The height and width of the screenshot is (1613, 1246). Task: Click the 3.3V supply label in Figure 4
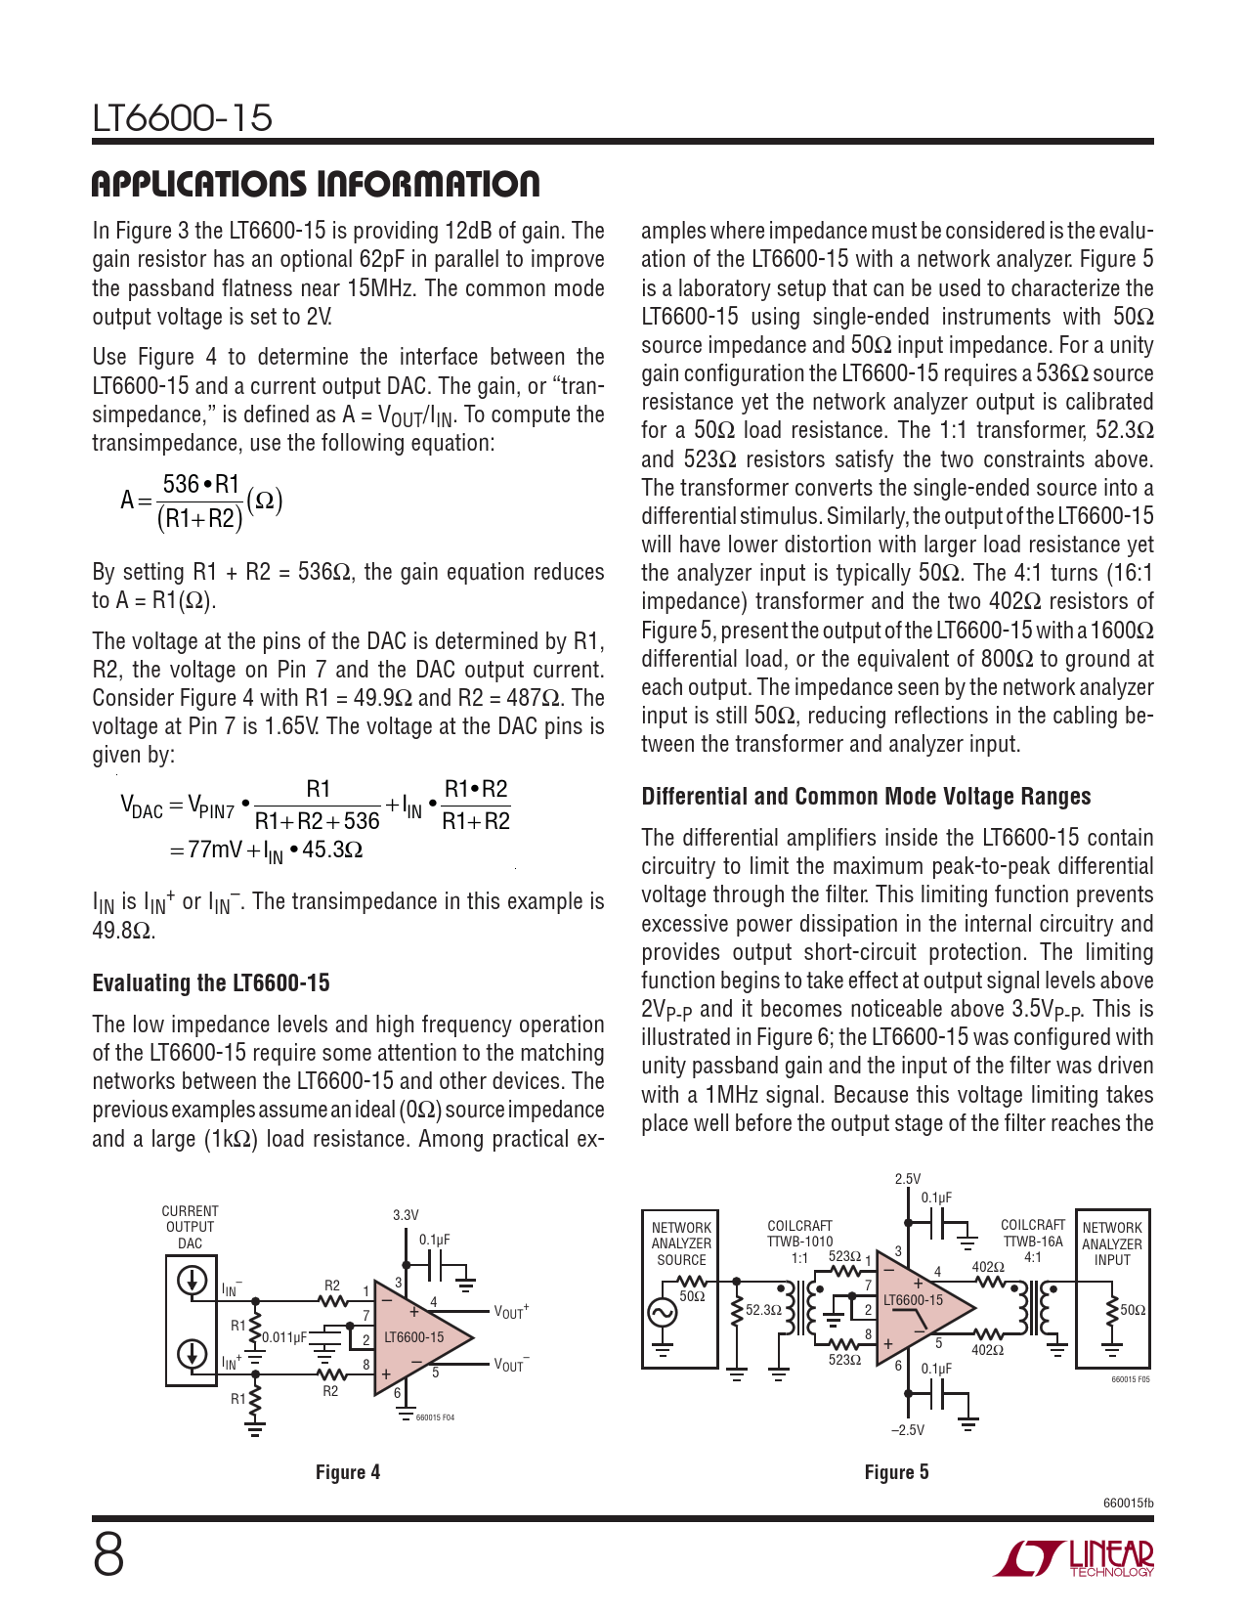point(406,1215)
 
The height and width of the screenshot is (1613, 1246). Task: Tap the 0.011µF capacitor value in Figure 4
point(283,1337)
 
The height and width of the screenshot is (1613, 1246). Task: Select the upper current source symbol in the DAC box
point(192,1280)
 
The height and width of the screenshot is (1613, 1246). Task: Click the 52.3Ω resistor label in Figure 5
point(763,1310)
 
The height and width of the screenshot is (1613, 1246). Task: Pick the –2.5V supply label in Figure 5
point(907,1430)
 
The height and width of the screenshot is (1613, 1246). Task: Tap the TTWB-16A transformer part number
point(1033,1241)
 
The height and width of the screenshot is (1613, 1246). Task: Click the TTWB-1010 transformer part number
point(799,1242)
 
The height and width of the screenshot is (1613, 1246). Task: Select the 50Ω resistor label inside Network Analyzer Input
point(1133,1310)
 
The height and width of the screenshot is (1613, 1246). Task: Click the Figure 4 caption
point(347,1472)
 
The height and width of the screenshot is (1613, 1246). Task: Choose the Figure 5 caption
point(896,1472)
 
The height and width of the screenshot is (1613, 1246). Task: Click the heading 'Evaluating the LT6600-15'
point(211,983)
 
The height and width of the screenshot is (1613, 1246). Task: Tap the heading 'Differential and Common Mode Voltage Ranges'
point(866,797)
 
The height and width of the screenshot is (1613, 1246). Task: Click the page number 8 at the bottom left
point(108,1554)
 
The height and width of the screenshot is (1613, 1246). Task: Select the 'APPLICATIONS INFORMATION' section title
point(315,184)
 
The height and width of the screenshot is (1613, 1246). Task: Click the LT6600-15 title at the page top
point(183,118)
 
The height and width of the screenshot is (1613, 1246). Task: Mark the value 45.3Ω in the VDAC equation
point(332,850)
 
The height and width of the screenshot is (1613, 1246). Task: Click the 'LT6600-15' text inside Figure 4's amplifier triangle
point(413,1337)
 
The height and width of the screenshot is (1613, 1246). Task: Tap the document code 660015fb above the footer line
point(1128,1503)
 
